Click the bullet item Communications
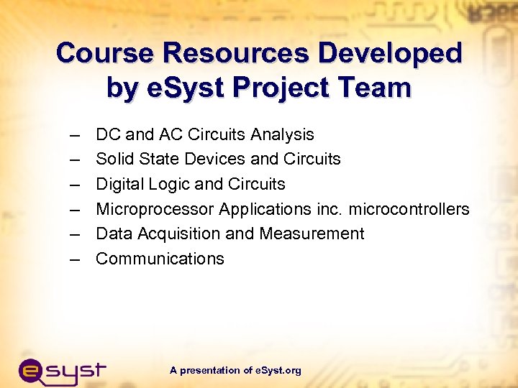[160, 259]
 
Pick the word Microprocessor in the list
[155, 209]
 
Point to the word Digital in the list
[118, 184]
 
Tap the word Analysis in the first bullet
[283, 134]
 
